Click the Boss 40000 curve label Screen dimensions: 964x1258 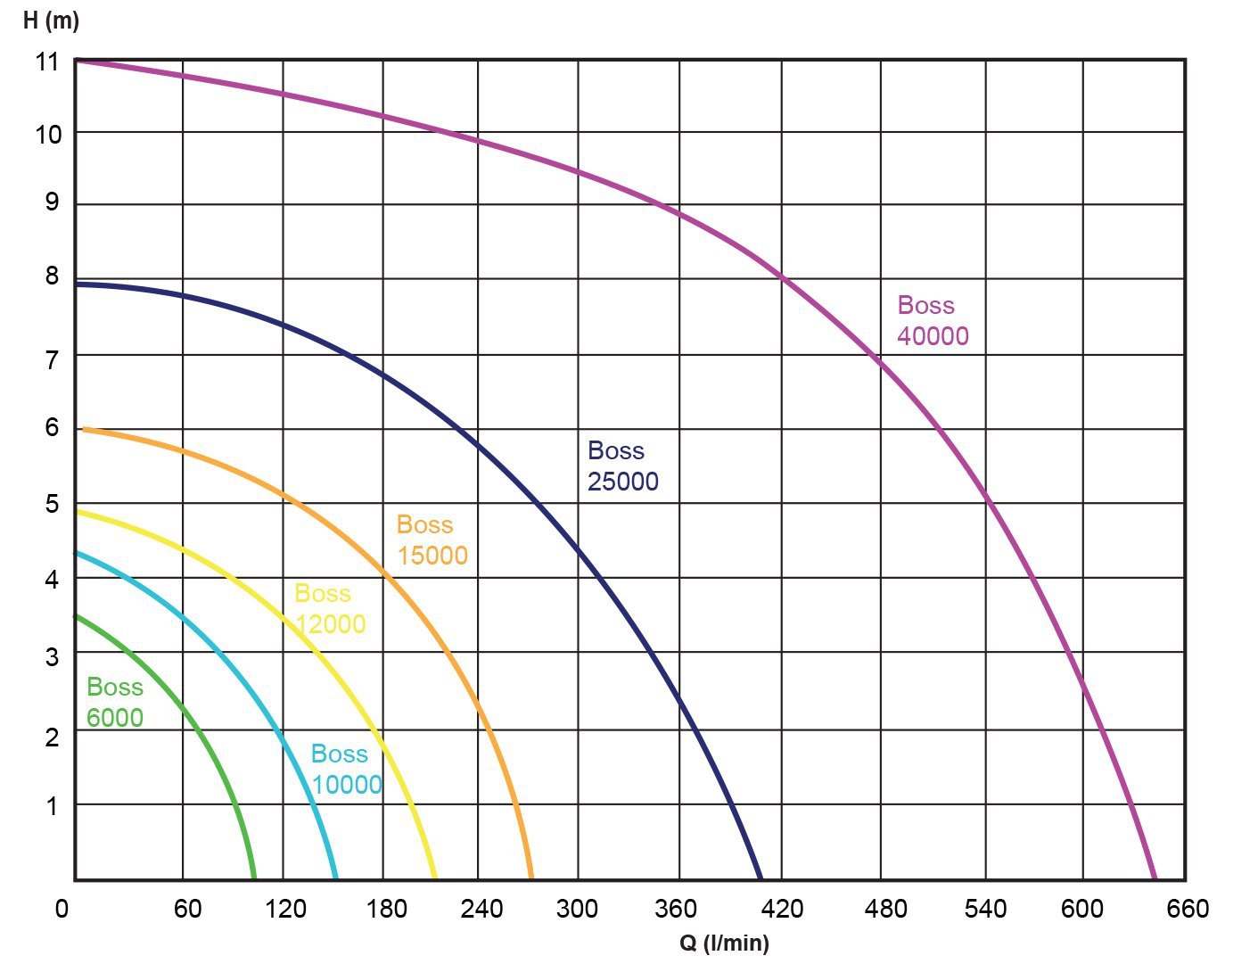(933, 320)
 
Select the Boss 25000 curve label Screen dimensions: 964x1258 (622, 466)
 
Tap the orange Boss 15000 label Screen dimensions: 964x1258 (432, 540)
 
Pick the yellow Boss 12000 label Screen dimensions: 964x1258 (330, 608)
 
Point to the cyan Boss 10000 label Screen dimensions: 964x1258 (346, 769)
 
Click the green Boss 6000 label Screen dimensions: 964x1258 (115, 702)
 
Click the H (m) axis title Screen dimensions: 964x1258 (51, 21)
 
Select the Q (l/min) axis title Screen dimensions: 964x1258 (724, 943)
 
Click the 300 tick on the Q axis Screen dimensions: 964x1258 (577, 909)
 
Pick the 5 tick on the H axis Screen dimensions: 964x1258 (52, 504)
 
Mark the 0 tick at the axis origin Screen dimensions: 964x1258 (62, 909)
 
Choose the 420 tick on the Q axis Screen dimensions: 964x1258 (782, 909)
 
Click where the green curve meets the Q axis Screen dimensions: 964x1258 (254, 878)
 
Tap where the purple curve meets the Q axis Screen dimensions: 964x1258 (1155, 878)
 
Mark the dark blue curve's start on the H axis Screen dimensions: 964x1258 (77, 284)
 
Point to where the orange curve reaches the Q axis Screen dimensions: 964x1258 (531, 878)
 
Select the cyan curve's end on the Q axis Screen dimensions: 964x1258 (336, 878)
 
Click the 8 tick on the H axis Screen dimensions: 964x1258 (52, 276)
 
